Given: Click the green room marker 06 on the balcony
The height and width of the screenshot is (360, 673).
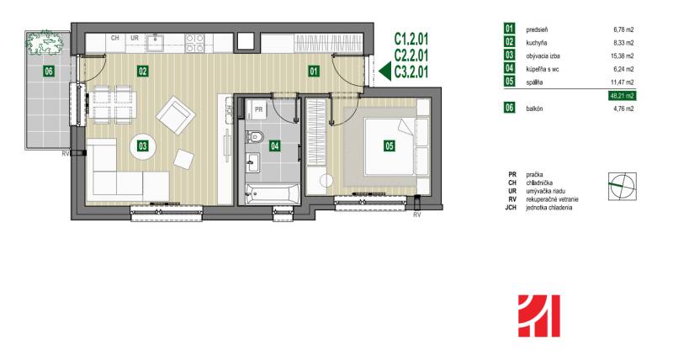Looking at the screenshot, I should click(x=49, y=71).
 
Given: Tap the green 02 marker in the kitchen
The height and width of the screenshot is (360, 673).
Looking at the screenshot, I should click(x=143, y=71).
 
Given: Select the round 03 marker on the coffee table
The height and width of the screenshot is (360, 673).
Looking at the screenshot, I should click(x=143, y=146).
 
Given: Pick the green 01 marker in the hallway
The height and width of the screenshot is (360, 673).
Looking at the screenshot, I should click(x=314, y=71).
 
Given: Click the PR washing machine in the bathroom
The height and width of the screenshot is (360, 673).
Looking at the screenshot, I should click(x=259, y=109).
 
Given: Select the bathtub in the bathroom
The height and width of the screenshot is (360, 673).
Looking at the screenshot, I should click(x=269, y=193).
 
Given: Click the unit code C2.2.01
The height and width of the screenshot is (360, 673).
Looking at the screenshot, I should click(x=411, y=56).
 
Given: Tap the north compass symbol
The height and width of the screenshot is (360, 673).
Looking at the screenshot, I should click(x=623, y=186).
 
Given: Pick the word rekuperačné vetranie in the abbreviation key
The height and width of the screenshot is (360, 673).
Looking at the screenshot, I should click(x=553, y=199).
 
